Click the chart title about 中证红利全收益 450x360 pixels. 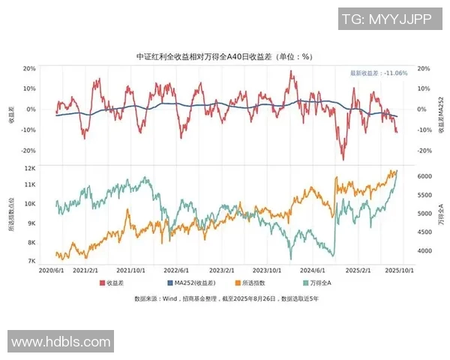point(225,56)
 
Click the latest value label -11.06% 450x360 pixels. point(379,73)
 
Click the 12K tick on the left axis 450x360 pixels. point(31,169)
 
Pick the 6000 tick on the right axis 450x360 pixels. point(424,175)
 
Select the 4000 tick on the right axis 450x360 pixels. point(424,251)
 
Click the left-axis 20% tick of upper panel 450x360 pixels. point(29,68)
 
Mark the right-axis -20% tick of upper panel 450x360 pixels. point(423,151)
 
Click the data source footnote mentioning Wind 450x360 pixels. point(225,298)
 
